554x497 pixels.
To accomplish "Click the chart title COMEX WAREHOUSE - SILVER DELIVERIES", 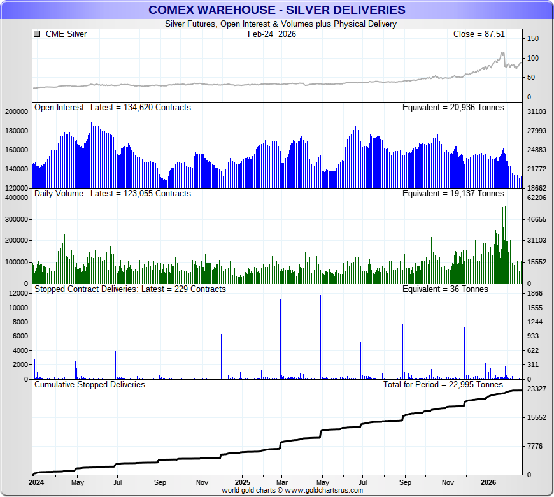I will [276, 10].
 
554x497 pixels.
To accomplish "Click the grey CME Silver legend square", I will [37, 34].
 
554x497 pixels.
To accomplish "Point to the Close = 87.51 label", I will [478, 34].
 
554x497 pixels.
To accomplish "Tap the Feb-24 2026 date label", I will [272, 34].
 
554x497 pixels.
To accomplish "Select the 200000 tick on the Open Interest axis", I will [17, 112].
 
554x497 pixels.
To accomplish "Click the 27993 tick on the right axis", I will [536, 131].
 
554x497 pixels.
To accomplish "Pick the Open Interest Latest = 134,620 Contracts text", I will [112, 108].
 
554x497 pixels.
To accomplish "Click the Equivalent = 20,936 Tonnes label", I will [453, 108].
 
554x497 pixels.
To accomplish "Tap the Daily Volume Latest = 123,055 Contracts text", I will [112, 193].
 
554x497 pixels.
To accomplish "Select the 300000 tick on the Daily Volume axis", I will [17, 219].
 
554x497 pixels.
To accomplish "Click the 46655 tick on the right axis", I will [536, 219].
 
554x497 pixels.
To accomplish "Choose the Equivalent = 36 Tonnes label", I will [445, 289].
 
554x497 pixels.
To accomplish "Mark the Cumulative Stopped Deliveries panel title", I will [89, 384].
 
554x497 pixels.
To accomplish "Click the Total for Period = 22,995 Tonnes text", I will [443, 384].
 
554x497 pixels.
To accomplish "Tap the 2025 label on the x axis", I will [243, 482].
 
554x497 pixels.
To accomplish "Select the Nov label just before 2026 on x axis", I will [448, 482].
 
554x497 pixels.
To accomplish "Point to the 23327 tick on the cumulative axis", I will [536, 389].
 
